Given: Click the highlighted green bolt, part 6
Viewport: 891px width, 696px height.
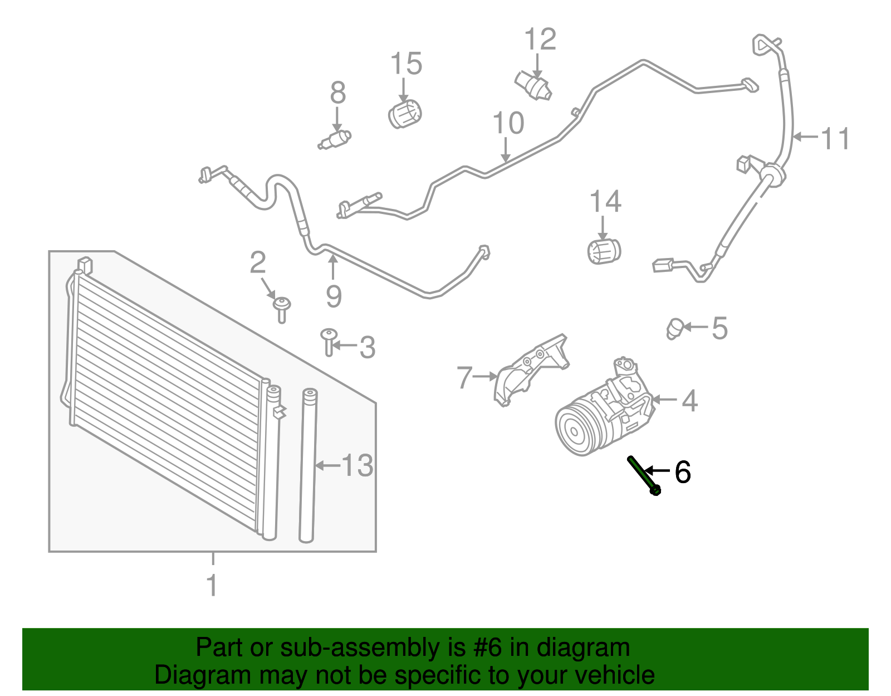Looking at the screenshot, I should point(644,475).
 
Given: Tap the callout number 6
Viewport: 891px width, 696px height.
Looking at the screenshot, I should point(682,472).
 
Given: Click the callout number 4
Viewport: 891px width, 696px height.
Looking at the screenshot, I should point(689,401).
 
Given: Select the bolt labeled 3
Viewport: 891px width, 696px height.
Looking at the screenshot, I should point(329,340).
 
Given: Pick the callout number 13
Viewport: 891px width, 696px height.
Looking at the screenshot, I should point(357,465).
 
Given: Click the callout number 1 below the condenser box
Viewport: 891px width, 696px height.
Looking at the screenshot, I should point(212,586).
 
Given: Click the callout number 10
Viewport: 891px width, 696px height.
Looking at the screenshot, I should point(508,123).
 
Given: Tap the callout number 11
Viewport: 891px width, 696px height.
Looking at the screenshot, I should point(835,138).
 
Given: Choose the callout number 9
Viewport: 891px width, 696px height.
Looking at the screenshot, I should point(333,296).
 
